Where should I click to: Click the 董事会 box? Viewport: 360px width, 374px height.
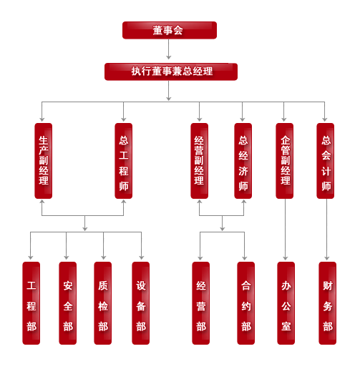click(170, 30)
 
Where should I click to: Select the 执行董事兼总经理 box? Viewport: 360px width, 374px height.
click(171, 72)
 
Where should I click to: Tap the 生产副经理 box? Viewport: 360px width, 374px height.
click(44, 161)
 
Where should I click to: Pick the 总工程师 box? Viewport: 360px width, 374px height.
click(124, 161)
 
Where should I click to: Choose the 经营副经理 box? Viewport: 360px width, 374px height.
click(200, 161)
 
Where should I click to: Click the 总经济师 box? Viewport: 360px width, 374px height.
click(243, 161)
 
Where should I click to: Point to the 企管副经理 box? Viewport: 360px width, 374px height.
click(285, 161)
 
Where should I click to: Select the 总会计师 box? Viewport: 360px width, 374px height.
click(326, 161)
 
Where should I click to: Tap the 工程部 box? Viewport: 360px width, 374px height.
click(31, 303)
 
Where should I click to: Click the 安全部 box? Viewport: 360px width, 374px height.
click(68, 303)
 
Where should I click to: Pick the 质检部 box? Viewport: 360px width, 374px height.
click(103, 303)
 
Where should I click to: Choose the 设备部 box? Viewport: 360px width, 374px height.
click(141, 303)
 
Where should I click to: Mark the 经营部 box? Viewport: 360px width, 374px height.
click(201, 303)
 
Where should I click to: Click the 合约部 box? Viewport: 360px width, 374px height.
click(246, 303)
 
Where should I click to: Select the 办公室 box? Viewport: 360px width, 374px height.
click(286, 303)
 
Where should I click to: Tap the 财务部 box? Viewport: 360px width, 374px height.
click(328, 303)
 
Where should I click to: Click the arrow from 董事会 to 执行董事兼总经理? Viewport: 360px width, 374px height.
click(169, 49)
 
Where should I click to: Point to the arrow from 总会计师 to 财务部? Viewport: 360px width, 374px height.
click(327, 230)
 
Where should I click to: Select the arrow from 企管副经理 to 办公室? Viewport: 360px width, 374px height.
click(286, 230)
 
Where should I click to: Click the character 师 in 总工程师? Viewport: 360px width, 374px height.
click(124, 186)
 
